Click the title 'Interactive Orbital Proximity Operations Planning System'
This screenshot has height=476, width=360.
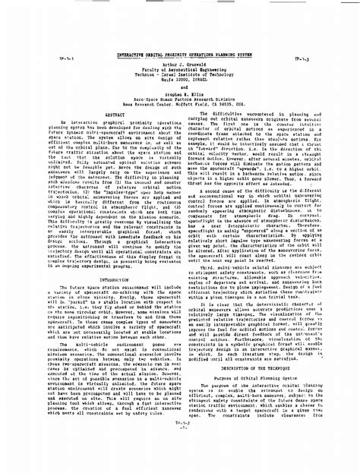click(179, 14)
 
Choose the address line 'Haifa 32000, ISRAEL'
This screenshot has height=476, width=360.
click(180, 41)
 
